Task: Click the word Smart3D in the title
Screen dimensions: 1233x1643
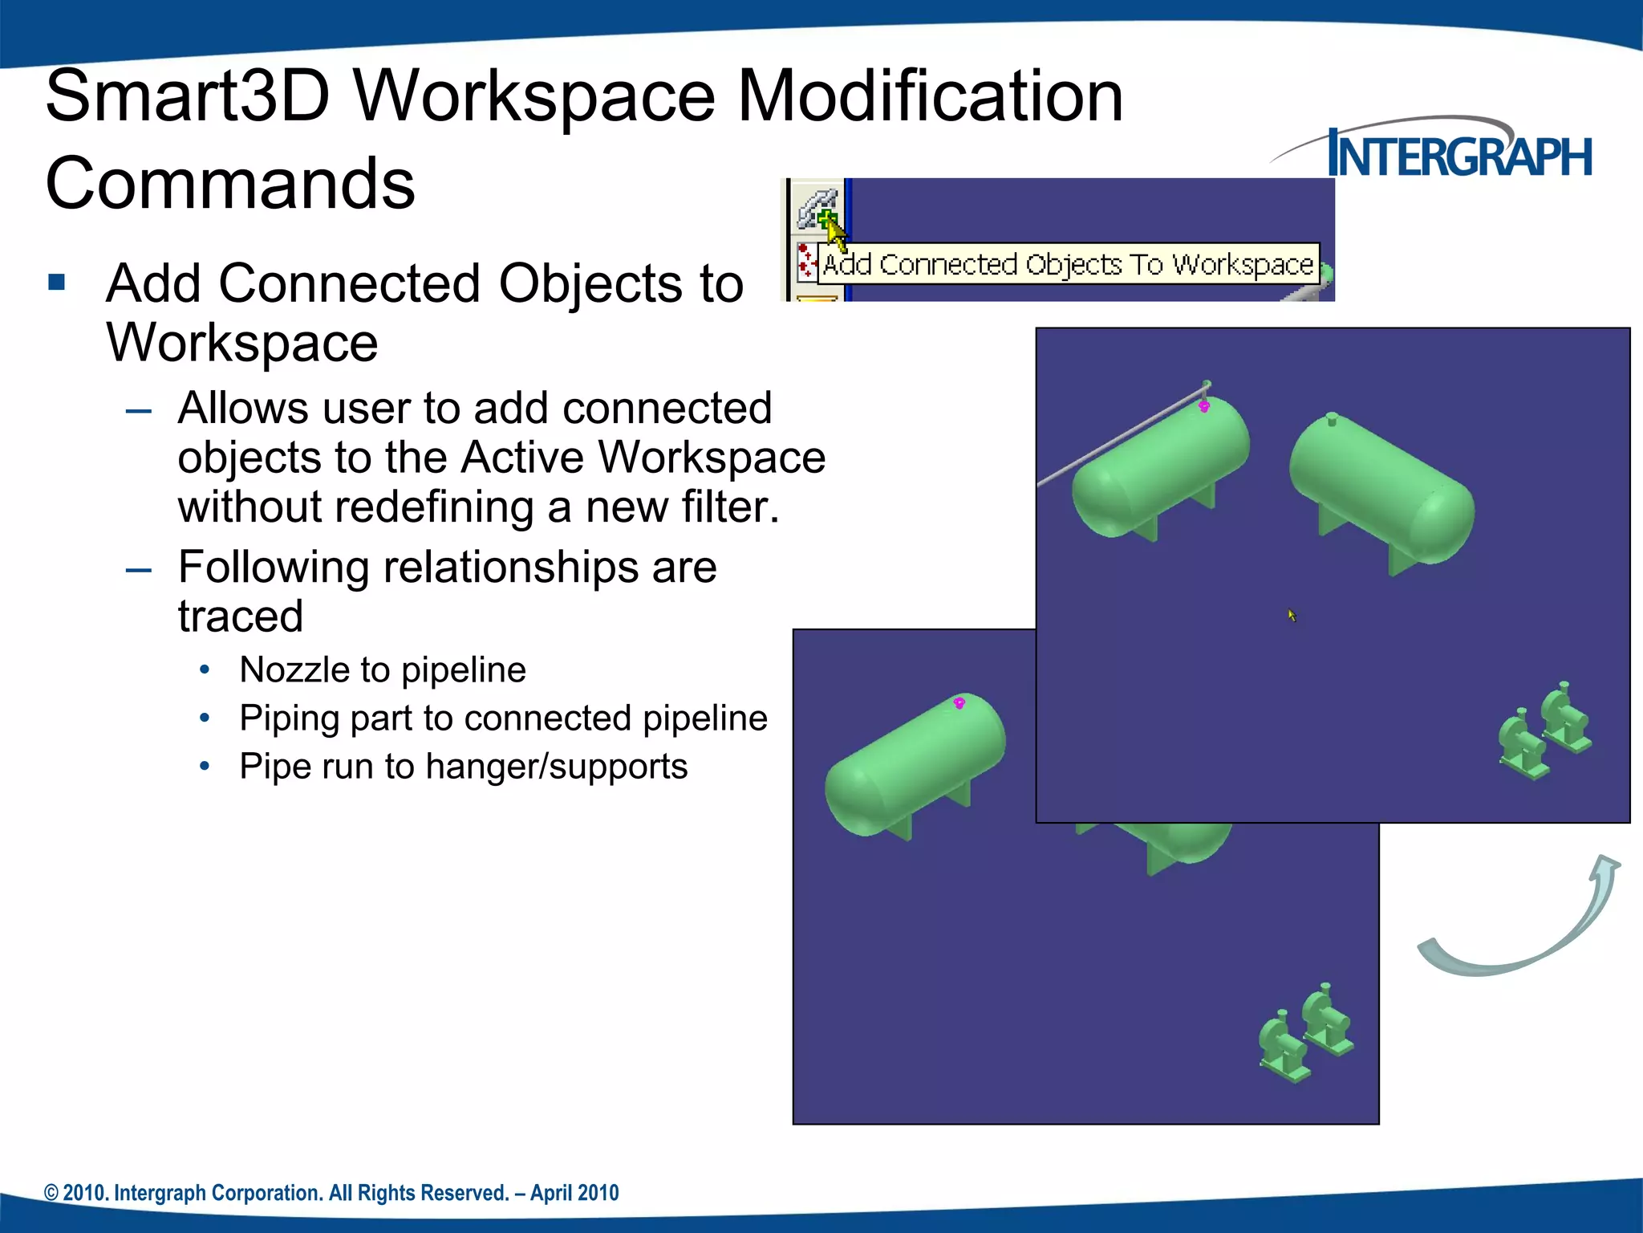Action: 188,96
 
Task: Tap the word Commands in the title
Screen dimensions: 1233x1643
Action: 230,184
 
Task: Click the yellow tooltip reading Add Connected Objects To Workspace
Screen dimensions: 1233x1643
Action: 1068,264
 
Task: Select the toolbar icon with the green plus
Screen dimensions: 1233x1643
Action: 818,208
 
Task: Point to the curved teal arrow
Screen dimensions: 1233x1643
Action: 1524,923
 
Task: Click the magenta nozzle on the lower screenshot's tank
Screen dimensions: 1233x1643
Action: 959,703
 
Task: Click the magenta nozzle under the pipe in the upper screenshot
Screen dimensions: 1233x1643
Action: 1204,407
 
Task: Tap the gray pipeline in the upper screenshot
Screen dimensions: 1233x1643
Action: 1123,437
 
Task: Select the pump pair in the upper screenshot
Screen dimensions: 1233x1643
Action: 1545,730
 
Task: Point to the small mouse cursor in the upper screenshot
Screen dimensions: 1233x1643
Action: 1292,615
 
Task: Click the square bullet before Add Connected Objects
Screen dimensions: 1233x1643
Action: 56,282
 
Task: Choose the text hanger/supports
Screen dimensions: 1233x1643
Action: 557,767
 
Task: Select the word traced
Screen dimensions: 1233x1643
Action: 241,616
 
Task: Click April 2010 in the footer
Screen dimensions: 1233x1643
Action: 574,1193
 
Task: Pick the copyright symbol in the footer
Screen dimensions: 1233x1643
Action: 51,1194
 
